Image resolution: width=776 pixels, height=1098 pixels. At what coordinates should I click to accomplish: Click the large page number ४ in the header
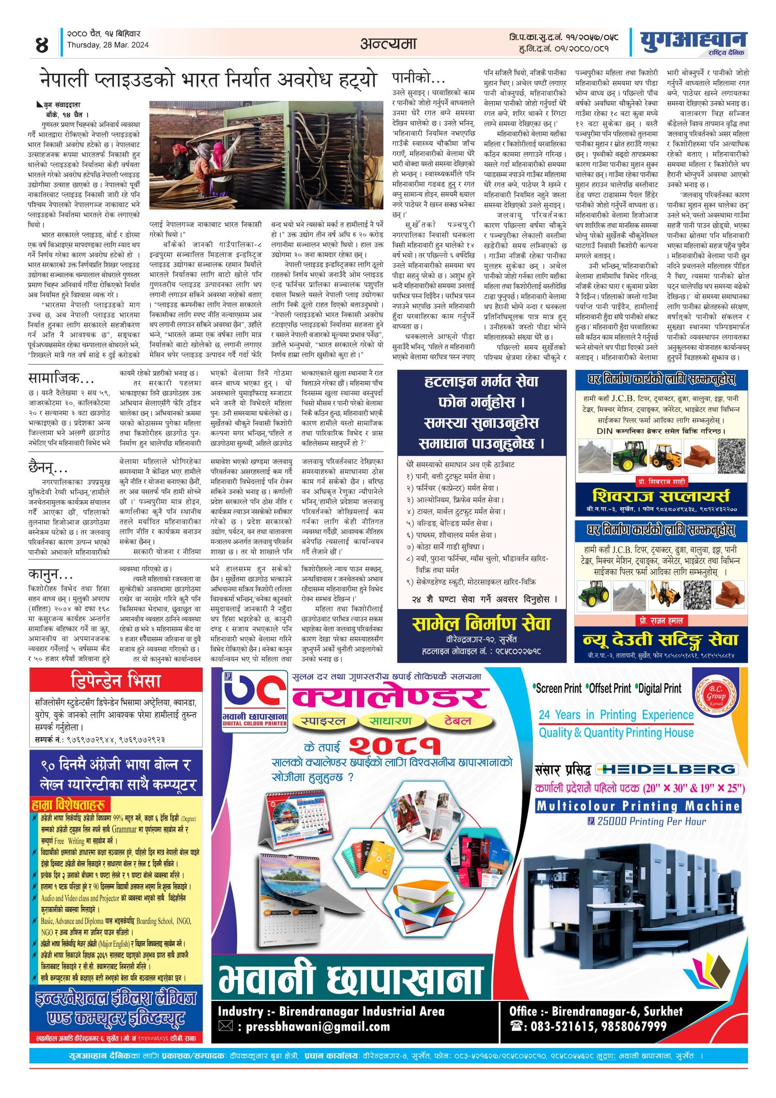(x=42, y=45)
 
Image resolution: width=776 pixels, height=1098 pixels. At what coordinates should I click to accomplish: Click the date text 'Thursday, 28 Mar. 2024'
(x=108, y=45)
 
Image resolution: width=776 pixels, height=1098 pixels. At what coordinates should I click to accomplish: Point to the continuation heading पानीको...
(x=418, y=78)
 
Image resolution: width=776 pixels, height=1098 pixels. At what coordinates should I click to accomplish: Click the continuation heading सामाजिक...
(x=61, y=378)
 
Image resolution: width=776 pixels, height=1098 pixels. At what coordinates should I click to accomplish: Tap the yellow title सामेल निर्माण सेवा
(x=481, y=623)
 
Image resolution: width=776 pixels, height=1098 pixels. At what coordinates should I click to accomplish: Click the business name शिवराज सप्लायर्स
(x=661, y=496)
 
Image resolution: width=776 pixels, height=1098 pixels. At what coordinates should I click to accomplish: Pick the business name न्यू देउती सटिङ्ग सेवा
(x=661, y=639)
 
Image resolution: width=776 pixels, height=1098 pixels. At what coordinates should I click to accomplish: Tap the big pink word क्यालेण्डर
(x=390, y=697)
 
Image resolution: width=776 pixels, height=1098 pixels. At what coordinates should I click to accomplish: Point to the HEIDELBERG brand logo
(x=667, y=769)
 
